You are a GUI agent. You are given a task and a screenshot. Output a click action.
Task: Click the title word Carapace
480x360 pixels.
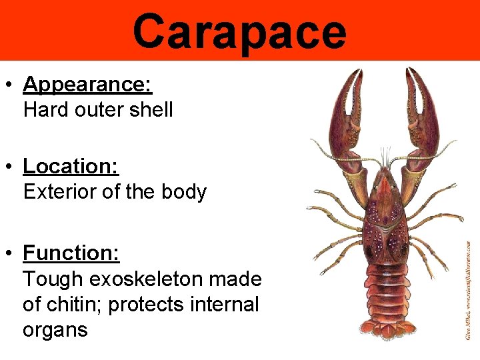(x=239, y=31)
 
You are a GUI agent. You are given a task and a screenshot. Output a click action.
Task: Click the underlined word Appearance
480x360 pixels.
(x=87, y=85)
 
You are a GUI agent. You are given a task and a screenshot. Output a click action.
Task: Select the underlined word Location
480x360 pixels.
(x=70, y=165)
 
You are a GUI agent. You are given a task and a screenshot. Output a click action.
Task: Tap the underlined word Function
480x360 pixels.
(x=71, y=253)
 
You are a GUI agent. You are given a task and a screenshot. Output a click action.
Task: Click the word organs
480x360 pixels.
(x=55, y=330)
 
